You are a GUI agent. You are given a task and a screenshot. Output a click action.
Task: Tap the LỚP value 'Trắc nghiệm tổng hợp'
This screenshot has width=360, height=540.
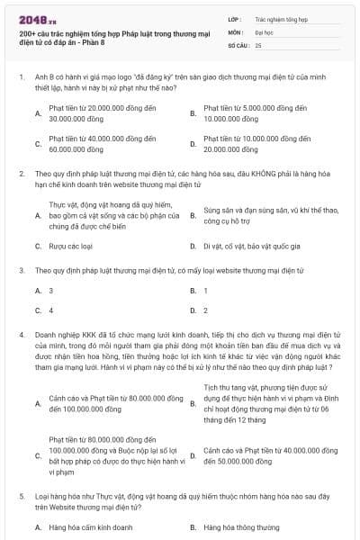(281, 18)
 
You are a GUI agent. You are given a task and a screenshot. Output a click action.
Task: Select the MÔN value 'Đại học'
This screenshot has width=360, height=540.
(264, 31)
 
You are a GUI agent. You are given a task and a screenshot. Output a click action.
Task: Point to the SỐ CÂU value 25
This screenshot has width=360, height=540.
(258, 44)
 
